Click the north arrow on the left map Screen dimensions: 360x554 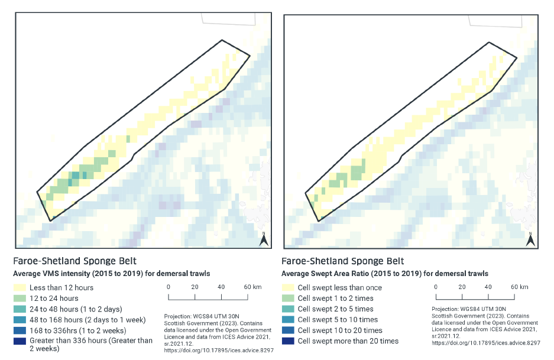(x=265, y=239)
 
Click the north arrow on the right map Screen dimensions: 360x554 (x=530, y=239)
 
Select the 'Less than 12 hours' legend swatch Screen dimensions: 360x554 (x=21, y=288)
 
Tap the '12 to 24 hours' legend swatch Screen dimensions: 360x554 (x=21, y=299)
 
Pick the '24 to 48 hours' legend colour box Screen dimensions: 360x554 (x=21, y=309)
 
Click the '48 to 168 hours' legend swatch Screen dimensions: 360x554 (x=21, y=320)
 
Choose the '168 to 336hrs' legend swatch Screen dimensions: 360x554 (x=21, y=330)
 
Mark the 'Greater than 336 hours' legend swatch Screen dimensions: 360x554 (x=21, y=341)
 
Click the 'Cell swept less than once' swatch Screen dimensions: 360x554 (x=289, y=288)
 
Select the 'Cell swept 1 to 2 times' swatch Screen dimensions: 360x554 (x=289, y=299)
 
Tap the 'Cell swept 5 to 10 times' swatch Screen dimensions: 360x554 (x=289, y=320)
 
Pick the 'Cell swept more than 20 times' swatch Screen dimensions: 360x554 (x=289, y=341)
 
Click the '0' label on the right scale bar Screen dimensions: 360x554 (x=436, y=287)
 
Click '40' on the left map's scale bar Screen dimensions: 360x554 (x=221, y=286)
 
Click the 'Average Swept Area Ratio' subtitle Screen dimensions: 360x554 (x=384, y=274)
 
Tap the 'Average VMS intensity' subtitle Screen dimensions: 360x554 (x=112, y=274)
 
